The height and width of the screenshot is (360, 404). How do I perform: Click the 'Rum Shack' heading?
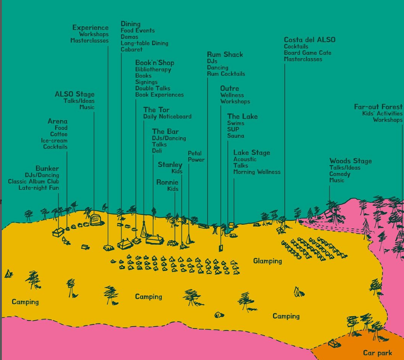point(225,54)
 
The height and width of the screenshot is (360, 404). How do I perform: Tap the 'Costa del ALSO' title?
point(309,40)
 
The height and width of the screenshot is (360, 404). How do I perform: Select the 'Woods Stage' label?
point(350,161)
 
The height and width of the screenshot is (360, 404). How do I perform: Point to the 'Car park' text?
point(377,353)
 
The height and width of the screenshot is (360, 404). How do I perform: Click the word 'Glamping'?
point(267,261)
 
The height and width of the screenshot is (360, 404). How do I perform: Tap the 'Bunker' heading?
point(47,169)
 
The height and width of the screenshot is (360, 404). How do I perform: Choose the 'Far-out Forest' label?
point(378,107)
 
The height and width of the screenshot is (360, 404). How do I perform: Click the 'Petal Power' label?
point(196,156)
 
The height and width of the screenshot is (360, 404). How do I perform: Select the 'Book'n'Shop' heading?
point(154,63)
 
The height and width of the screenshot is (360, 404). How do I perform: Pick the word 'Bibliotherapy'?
point(153,69)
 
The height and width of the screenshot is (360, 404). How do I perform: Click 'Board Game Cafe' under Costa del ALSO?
point(307,53)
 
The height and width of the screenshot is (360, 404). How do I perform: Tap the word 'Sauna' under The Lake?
point(236,136)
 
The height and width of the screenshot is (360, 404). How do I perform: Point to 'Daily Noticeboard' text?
point(167,116)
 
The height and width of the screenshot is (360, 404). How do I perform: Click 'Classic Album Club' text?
point(33,182)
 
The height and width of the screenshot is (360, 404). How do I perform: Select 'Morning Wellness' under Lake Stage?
point(257,172)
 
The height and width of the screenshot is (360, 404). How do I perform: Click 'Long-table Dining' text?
point(144,43)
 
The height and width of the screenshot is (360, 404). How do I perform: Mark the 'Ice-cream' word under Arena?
point(54,140)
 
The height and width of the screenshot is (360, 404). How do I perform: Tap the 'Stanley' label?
point(170,165)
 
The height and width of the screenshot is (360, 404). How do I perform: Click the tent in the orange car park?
point(334,344)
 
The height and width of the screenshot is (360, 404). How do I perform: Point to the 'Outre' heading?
point(229,88)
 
